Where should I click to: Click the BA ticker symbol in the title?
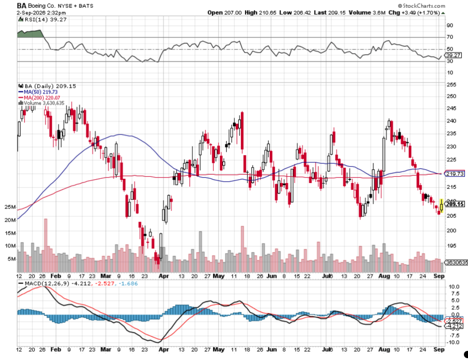(x=21, y=5)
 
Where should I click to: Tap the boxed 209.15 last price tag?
(x=455, y=204)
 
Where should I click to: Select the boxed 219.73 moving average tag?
(x=455, y=173)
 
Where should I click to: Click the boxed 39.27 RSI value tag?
(x=453, y=55)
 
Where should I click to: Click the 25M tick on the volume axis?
(x=10, y=207)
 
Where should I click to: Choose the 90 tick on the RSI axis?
(x=450, y=26)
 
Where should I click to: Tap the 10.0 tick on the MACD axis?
(x=454, y=287)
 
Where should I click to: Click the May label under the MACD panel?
(x=219, y=349)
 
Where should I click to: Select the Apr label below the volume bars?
(x=164, y=276)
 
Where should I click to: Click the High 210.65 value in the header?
(x=260, y=13)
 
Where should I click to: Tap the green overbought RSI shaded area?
(x=30, y=34)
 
